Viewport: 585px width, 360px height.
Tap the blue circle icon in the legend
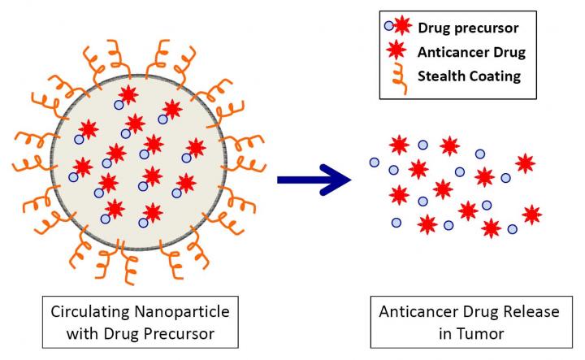389,27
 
